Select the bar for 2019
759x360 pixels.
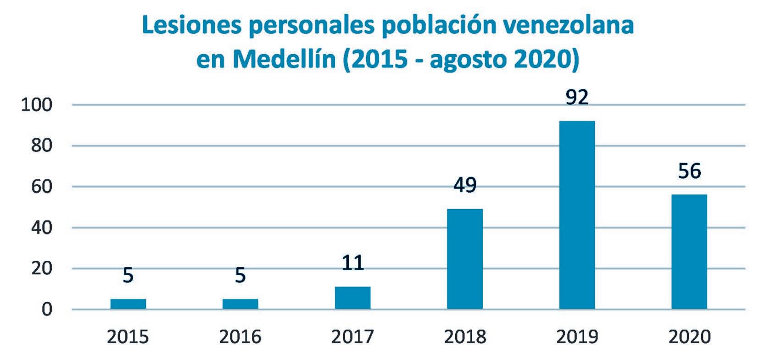577,215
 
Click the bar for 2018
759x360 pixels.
465,259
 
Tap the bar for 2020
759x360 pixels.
689,251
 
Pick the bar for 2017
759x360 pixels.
352,298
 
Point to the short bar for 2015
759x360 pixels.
128,304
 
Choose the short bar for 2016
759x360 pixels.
240,304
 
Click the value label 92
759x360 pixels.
577,98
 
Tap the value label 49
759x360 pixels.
465,186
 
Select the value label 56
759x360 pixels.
689,172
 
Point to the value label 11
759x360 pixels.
352,263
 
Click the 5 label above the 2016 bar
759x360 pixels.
240,276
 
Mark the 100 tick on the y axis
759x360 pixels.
37,105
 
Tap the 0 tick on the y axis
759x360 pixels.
48,310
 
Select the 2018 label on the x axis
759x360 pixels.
465,337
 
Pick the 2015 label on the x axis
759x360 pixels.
128,337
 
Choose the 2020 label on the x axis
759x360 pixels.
689,337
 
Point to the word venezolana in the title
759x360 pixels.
569,26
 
